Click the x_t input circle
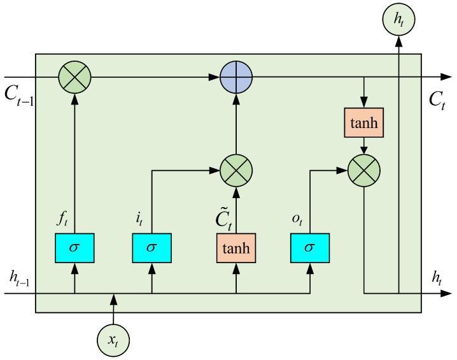point(115,341)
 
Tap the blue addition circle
point(236,77)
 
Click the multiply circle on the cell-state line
point(74,77)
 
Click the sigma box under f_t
point(74,247)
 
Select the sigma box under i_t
point(151,247)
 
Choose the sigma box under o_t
point(309,247)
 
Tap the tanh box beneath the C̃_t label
point(236,247)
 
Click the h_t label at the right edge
point(437,277)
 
